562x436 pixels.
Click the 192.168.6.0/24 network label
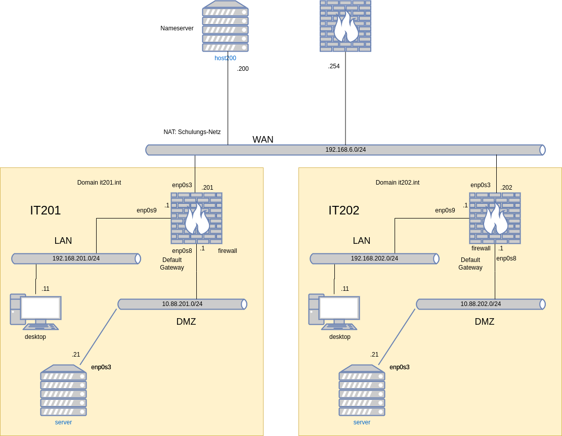[x=345, y=150]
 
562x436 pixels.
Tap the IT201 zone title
[x=46, y=210]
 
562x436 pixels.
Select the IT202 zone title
[x=344, y=210]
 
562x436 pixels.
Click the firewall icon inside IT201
[x=197, y=218]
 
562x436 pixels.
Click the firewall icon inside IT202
[x=495, y=218]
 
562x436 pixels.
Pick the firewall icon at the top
[x=345, y=26]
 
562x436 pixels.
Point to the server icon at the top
[x=226, y=26]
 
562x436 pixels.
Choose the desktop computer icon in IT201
[x=35, y=312]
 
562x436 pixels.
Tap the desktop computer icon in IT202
[x=334, y=312]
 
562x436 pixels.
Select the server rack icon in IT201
[x=64, y=390]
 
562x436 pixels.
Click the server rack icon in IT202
[x=362, y=390]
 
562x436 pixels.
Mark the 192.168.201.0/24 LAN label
[x=76, y=258]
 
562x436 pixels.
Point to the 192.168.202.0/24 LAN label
[x=374, y=258]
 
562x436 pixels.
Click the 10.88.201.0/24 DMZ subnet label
[x=182, y=304]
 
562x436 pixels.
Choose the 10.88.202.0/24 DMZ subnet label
[x=481, y=304]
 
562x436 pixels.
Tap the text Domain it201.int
[x=99, y=183]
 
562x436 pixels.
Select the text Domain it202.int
[x=398, y=183]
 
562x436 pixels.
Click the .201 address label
[x=207, y=188]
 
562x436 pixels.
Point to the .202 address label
[x=506, y=188]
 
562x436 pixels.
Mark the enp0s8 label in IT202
[x=506, y=258]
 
